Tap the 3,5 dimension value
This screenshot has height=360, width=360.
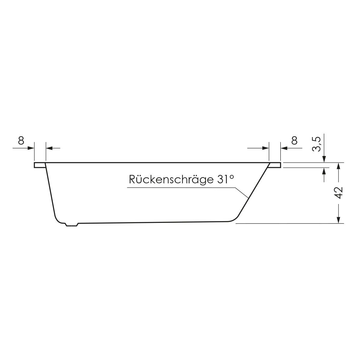pyautogui.click(x=316, y=144)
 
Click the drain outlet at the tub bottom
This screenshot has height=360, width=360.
pyautogui.click(x=72, y=224)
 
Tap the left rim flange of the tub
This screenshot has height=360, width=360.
pyautogui.click(x=40, y=165)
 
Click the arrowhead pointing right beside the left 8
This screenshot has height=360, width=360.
pyautogui.click(x=31, y=148)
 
